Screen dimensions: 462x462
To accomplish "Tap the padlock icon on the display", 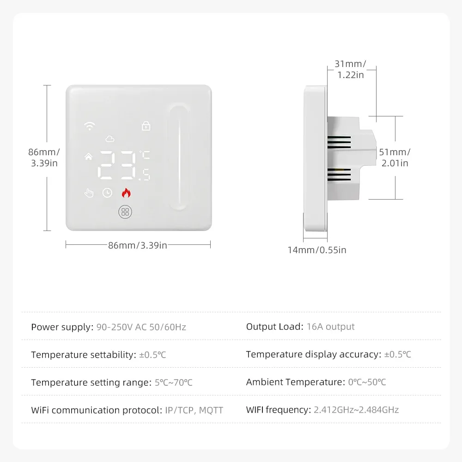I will pos(146,125).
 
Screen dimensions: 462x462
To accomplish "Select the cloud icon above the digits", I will pos(109,139).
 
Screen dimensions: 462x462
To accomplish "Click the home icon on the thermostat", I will pos(88,157).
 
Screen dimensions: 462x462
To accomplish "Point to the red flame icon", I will pos(126,193).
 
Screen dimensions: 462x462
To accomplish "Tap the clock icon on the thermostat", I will pos(107,193).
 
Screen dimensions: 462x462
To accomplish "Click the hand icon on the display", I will pos(89,193).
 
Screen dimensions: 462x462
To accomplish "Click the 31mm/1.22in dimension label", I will pos(351,69).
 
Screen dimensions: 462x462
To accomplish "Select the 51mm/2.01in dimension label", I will pos(394,157).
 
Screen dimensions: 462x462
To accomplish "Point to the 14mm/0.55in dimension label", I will pos(316,250).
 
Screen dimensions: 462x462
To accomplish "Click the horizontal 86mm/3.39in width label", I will pos(138,245).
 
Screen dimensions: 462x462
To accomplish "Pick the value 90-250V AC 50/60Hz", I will pos(141,327).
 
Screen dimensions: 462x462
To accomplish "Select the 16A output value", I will pos(331,327).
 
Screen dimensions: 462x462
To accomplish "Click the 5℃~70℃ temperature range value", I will pos(174,383).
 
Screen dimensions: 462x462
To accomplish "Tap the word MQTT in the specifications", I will pos(211,410).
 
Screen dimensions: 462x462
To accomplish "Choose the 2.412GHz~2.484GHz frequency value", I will pos(356,410).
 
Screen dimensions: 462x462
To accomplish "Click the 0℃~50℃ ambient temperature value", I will pos(367,382).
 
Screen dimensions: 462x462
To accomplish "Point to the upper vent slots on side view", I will pos(340,141).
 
